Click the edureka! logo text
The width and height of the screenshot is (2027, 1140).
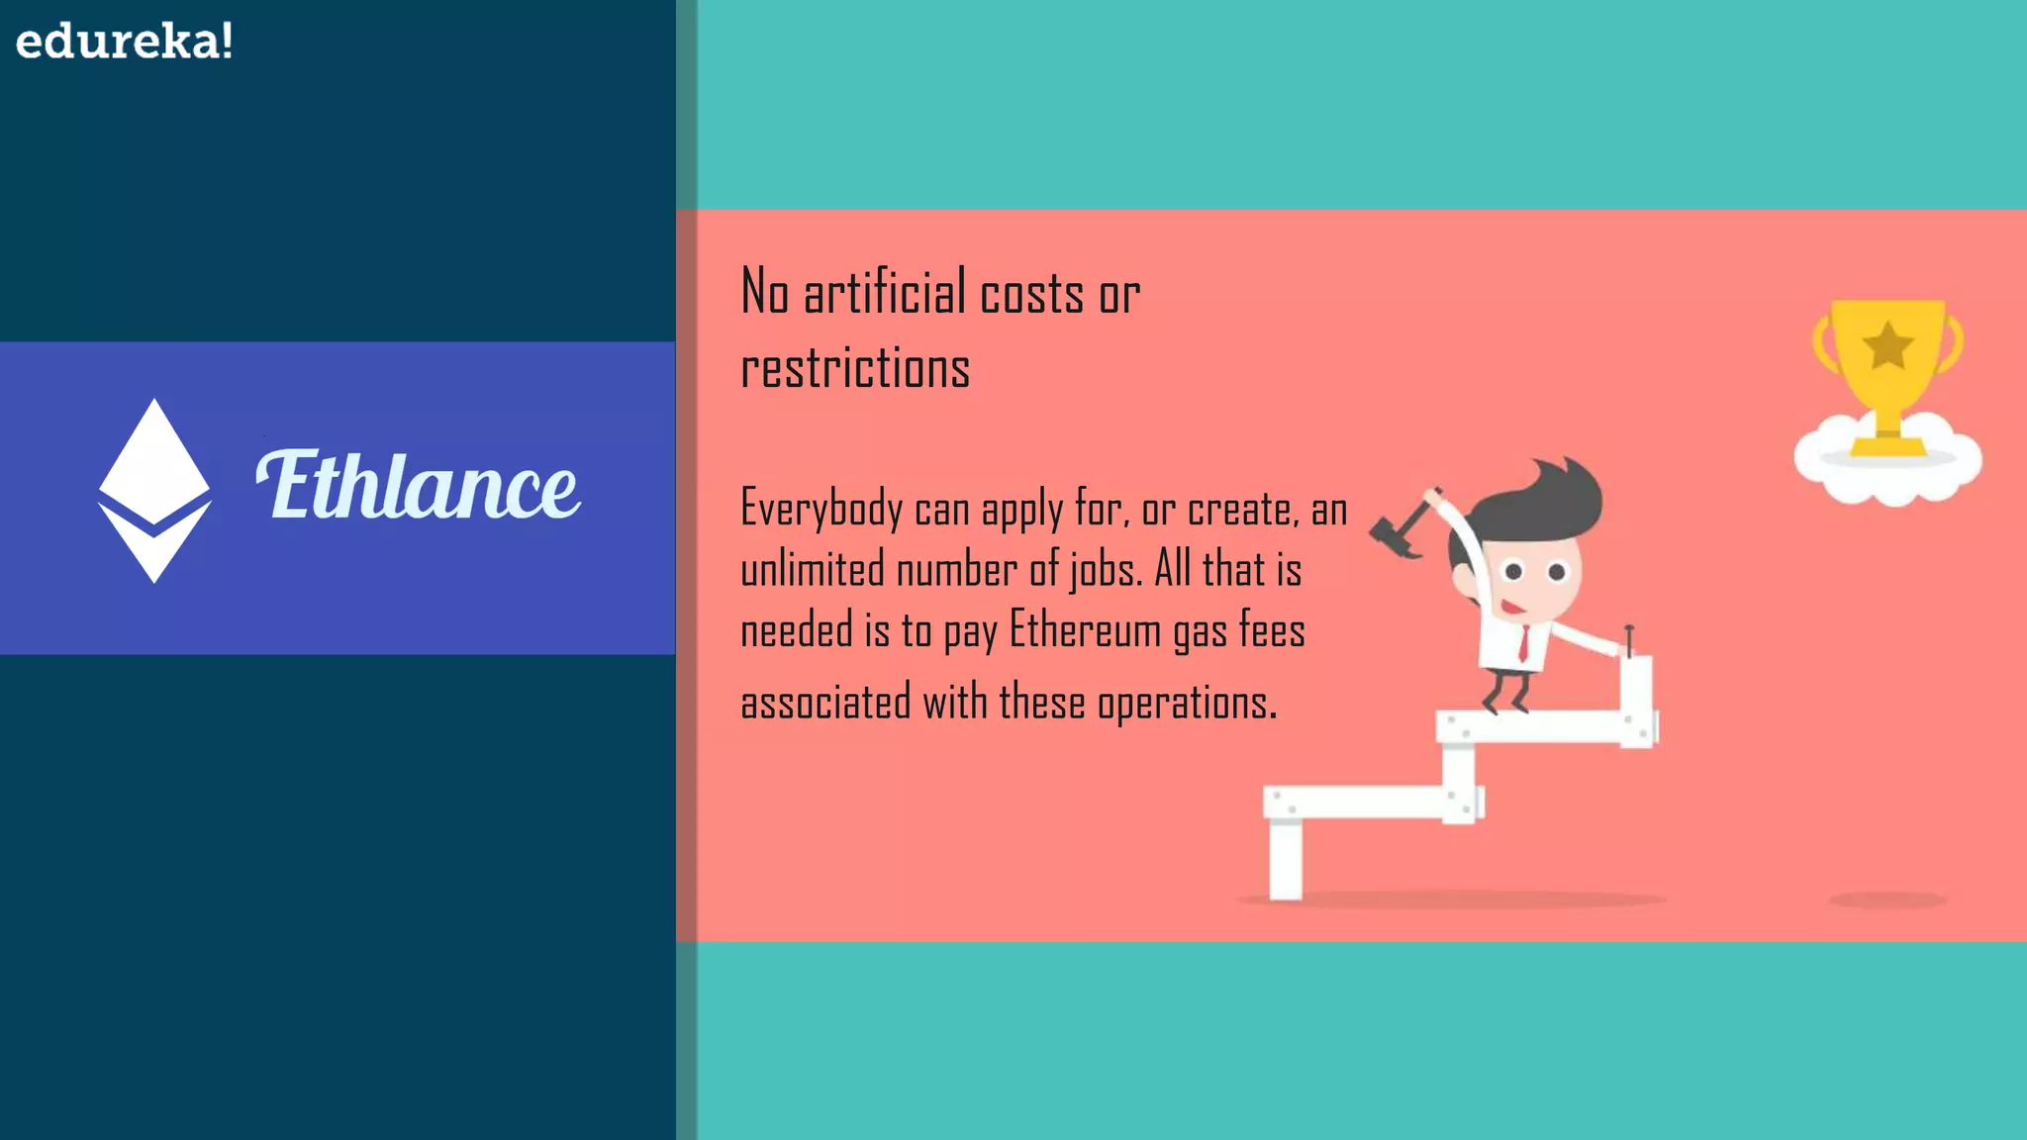125,42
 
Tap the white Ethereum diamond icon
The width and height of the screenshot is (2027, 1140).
154,489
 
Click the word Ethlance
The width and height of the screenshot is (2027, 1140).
419,486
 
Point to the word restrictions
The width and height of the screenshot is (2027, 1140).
855,368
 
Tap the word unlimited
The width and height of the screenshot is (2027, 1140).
812,570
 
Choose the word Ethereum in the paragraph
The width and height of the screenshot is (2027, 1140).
1085,630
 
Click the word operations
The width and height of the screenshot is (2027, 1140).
1186,703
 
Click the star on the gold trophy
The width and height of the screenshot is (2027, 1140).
1887,345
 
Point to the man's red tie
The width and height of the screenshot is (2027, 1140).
1524,643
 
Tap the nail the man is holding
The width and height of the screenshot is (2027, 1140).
1628,640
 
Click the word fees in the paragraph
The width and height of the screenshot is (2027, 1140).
1272,630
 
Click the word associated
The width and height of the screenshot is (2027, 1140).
825,703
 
